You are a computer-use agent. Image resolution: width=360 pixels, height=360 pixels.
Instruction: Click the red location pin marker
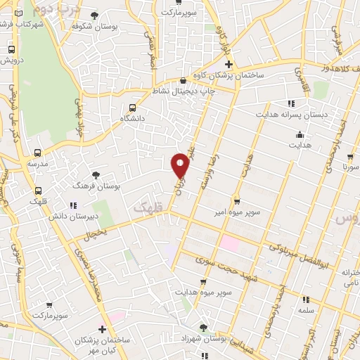click(180, 165)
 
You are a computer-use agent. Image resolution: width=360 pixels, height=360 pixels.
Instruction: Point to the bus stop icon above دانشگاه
click(132, 108)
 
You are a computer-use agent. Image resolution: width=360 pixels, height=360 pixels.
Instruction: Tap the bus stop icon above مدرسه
click(37, 152)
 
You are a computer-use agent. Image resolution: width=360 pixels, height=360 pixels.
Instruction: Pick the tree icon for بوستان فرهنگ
click(96, 175)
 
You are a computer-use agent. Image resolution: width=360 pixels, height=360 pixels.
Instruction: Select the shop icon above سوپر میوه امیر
click(237, 200)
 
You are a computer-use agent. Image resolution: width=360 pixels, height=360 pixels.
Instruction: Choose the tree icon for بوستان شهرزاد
click(203, 328)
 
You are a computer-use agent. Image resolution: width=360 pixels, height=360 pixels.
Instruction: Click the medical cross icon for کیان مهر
click(103, 328)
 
